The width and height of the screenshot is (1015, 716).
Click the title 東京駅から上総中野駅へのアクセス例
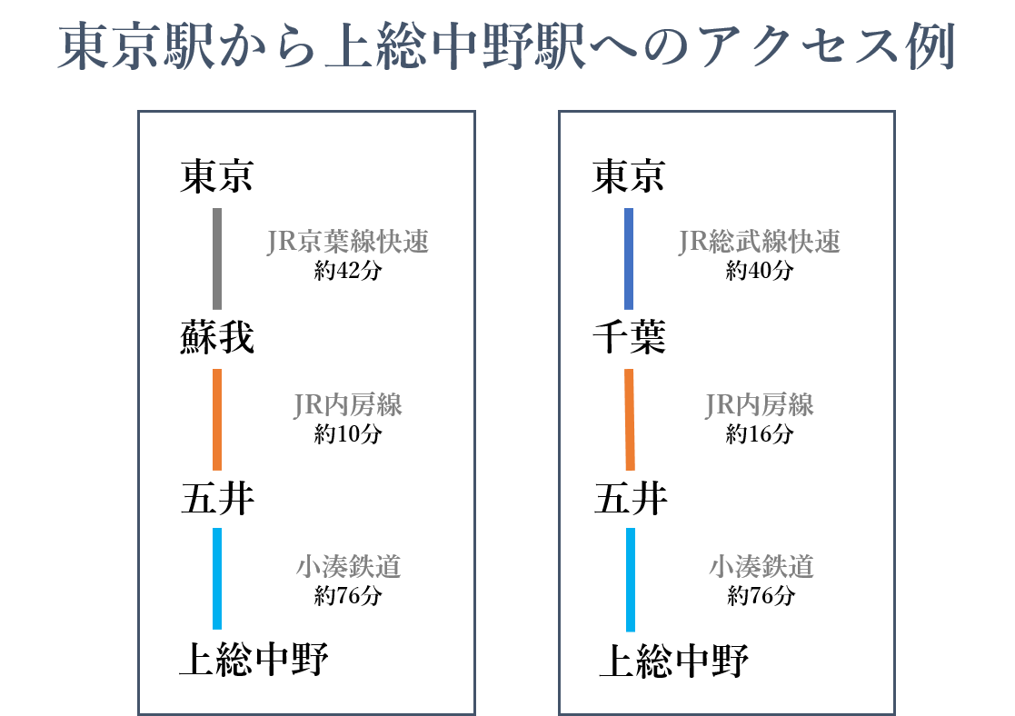507,47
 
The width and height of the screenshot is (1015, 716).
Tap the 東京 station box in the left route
218,177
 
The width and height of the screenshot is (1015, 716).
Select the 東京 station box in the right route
629,177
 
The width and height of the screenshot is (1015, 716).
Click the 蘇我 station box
218,339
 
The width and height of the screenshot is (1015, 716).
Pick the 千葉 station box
629,339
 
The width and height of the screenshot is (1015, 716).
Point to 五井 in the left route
218,501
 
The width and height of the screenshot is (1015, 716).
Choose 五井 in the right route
631,501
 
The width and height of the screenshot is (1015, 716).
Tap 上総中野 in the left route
253,661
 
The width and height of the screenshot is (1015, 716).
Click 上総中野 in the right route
673,663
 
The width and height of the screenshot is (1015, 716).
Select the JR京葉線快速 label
348,243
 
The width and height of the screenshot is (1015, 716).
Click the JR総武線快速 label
760,243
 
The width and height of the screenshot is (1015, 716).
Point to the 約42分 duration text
348,271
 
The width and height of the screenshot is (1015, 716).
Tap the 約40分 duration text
760,271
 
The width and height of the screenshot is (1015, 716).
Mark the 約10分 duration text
348,433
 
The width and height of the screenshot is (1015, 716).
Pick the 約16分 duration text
760,433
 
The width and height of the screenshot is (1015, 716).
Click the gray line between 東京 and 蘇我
217,259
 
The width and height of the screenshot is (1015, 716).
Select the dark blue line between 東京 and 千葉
629,259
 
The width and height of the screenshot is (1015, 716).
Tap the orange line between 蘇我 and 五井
217,419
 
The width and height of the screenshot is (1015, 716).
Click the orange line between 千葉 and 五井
630,419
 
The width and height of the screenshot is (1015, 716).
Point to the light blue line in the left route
217,579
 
